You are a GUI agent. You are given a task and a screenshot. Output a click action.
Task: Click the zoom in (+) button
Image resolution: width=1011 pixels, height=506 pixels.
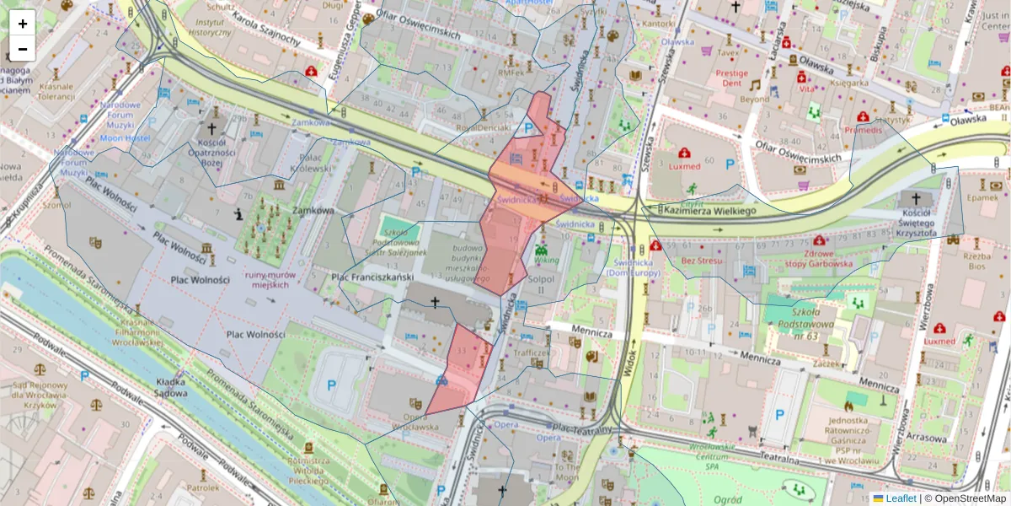[23, 24]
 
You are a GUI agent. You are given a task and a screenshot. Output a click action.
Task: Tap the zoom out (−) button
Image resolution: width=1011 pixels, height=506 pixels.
[23, 49]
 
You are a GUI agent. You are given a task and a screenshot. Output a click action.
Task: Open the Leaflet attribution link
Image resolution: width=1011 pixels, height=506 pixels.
[899, 498]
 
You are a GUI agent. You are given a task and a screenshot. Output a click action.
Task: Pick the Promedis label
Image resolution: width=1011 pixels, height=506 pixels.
[864, 131]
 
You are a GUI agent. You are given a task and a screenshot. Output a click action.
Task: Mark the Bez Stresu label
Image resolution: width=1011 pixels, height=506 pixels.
[703, 261]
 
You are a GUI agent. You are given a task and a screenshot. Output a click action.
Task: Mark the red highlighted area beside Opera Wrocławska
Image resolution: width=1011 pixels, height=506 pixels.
[460, 371]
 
